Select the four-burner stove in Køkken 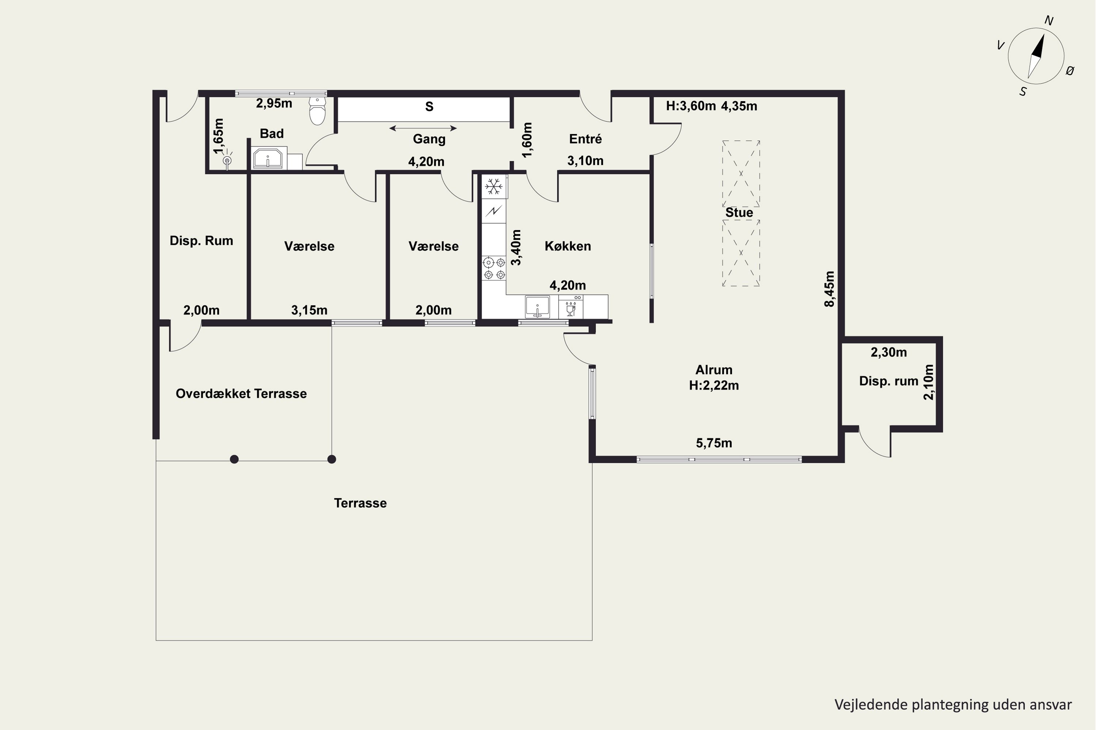(494, 269)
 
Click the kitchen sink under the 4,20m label (537, 307)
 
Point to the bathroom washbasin (267, 158)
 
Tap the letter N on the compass (1049, 20)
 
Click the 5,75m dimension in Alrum (714, 443)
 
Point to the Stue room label (739, 213)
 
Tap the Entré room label (585, 139)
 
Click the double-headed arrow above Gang (423, 128)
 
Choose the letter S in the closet (429, 107)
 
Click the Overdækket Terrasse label (241, 393)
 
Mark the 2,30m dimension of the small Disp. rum (888, 353)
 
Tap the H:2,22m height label (714, 385)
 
